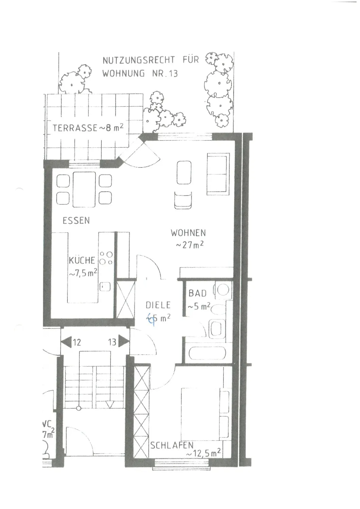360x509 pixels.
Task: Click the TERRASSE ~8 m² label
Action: click(x=88, y=128)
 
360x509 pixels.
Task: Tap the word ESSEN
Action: click(x=76, y=221)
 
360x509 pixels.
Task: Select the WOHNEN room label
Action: click(x=188, y=233)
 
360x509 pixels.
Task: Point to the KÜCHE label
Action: click(x=82, y=261)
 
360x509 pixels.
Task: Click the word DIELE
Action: click(x=158, y=305)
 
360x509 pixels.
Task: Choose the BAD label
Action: click(x=197, y=293)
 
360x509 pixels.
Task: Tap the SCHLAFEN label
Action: click(x=172, y=445)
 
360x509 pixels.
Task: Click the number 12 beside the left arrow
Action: click(x=77, y=342)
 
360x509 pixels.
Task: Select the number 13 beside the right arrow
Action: click(x=112, y=342)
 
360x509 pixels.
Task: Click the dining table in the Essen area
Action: click(x=84, y=189)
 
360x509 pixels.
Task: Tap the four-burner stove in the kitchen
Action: click(x=106, y=258)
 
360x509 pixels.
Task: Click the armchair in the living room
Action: click(x=183, y=201)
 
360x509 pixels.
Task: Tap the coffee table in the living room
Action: click(x=183, y=172)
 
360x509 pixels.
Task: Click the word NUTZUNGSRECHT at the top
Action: click(x=139, y=60)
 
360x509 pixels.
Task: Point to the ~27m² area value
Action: click(x=189, y=245)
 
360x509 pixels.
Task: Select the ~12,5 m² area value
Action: click(x=203, y=453)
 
